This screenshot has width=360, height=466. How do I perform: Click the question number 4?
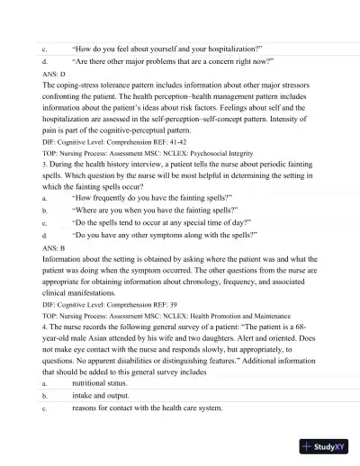pyautogui.click(x=44, y=326)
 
